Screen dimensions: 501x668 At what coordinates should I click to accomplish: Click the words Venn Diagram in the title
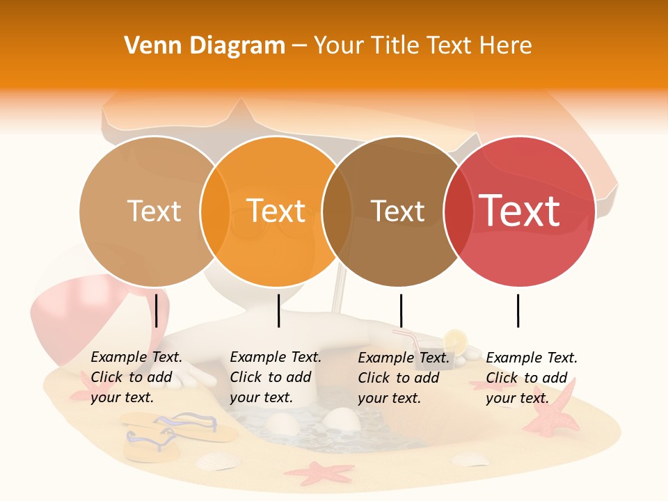tap(205, 46)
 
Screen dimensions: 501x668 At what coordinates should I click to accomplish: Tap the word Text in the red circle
tap(520, 211)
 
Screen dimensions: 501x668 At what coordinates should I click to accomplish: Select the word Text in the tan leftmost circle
tap(154, 211)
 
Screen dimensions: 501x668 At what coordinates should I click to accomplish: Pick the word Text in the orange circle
tap(276, 211)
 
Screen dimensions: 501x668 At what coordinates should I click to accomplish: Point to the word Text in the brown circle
tap(397, 211)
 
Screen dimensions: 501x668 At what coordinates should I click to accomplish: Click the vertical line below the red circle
tap(518, 310)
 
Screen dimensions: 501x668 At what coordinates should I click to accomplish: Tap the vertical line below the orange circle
tap(278, 310)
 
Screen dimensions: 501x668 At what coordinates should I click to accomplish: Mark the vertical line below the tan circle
tap(157, 310)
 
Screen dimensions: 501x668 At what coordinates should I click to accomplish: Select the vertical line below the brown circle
tap(401, 310)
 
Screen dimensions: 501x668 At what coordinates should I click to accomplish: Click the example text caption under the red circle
tap(531, 378)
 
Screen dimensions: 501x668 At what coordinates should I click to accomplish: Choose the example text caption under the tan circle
tap(136, 377)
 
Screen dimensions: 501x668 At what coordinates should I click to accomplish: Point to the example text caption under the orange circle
tap(275, 377)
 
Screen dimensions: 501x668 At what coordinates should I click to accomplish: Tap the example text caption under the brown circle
tap(404, 378)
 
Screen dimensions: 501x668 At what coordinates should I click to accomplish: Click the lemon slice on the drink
tap(456, 340)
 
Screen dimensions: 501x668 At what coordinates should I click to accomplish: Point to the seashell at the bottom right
tap(470, 459)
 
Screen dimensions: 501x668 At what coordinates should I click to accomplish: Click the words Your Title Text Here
tap(422, 46)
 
